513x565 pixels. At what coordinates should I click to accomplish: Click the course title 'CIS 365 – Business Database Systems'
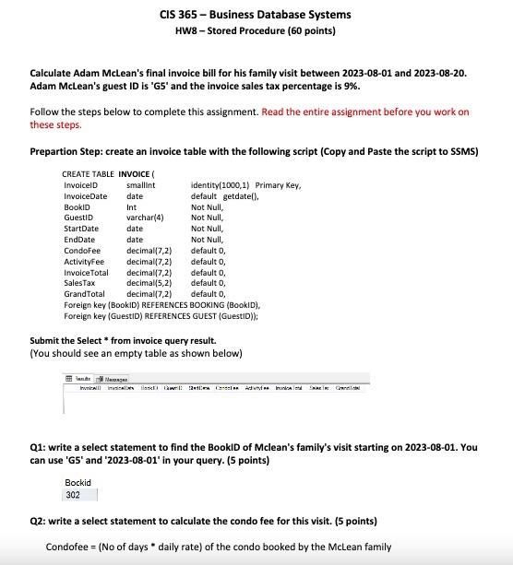[x=256, y=15]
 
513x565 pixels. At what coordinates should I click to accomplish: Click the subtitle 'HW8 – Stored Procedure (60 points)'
[x=256, y=30]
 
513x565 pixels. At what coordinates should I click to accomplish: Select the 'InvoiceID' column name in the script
[x=81, y=185]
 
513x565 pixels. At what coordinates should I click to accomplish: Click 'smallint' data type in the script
[x=140, y=185]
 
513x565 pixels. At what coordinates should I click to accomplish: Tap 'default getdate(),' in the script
[x=225, y=196]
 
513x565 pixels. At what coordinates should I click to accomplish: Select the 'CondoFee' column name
[x=80, y=251]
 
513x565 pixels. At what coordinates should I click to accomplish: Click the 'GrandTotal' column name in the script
[x=84, y=294]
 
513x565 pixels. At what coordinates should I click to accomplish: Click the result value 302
[x=74, y=494]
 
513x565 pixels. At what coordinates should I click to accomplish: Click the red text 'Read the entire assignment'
[x=364, y=112]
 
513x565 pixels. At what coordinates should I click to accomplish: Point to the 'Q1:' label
[x=40, y=447]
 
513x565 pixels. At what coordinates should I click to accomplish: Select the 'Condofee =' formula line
[x=218, y=547]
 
